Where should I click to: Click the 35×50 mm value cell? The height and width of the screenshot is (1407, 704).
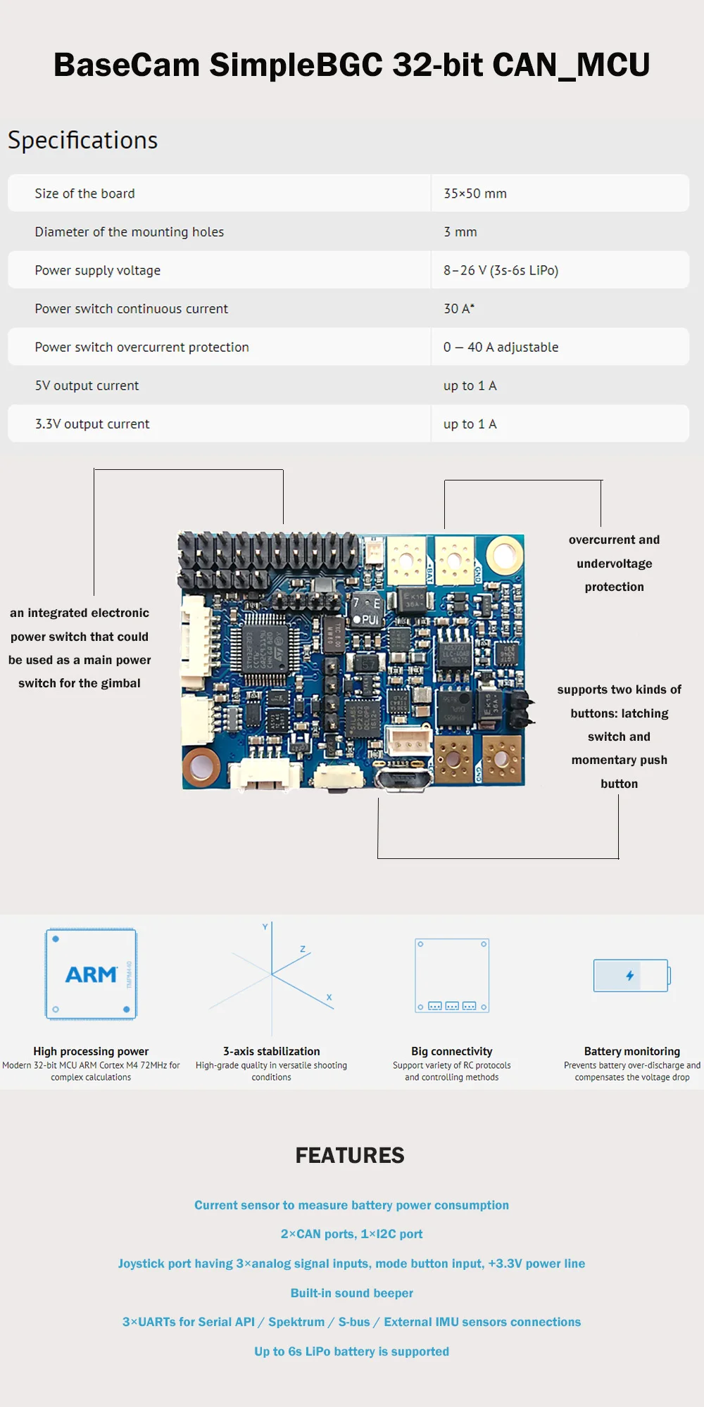[x=475, y=193]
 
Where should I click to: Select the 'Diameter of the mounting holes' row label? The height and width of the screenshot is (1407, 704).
[x=130, y=232]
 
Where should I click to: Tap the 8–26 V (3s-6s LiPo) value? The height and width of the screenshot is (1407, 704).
[x=501, y=270]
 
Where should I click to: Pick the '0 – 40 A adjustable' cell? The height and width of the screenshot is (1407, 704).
[x=501, y=347]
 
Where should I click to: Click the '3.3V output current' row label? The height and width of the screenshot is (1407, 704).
[x=92, y=424]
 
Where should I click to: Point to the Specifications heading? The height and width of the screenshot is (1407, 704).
[x=83, y=140]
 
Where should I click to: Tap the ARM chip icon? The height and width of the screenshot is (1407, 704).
[x=92, y=974]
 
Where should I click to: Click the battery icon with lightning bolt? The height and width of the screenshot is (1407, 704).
[x=631, y=975]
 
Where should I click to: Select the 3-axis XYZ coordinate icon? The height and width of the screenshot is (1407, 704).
[x=272, y=974]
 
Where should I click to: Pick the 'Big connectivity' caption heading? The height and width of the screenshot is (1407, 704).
[x=452, y=1051]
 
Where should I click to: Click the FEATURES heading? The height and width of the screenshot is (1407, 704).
[x=350, y=1155]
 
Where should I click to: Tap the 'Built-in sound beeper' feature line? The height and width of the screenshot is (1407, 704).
[x=352, y=1293]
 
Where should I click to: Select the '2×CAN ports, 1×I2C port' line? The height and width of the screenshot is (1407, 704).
[x=352, y=1234]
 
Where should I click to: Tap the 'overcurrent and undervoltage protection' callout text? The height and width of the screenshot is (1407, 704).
[x=614, y=563]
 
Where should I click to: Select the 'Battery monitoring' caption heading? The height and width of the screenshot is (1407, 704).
[x=631, y=1051]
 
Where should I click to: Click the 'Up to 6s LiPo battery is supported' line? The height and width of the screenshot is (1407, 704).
[x=352, y=1351]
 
